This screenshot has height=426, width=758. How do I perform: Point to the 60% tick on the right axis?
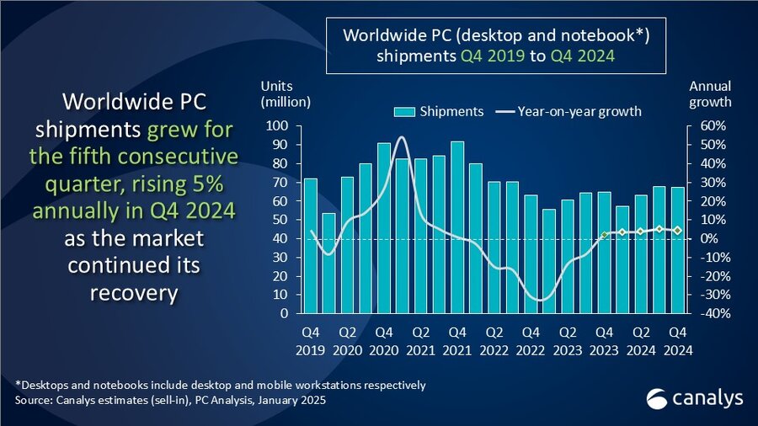click(706, 126)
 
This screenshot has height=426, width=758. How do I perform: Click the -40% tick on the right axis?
click(706, 313)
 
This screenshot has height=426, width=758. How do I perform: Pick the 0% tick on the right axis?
click(701, 238)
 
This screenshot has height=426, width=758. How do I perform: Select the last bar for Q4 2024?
click(678, 250)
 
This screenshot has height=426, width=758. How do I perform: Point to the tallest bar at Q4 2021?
click(457, 227)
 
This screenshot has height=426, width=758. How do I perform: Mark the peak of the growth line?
click(401, 137)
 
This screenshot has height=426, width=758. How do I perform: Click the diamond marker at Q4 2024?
click(678, 230)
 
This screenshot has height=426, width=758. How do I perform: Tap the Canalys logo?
click(683, 397)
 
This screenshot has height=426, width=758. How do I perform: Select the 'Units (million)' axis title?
click(285, 94)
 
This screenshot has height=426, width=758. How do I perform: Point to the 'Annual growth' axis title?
click(710, 94)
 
